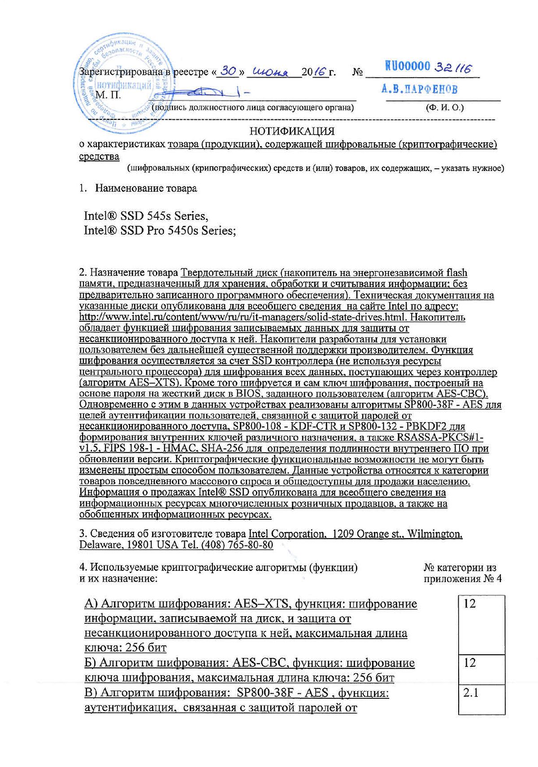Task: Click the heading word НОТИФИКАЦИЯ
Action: (292, 131)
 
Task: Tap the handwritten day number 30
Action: (229, 70)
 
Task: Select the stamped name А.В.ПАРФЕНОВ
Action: (420, 89)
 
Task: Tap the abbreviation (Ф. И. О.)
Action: (445, 108)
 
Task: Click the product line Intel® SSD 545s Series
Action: (146, 216)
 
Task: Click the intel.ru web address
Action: (243, 317)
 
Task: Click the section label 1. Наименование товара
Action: (138, 188)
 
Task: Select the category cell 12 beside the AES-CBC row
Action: (481, 669)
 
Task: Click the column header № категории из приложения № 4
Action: (462, 573)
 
